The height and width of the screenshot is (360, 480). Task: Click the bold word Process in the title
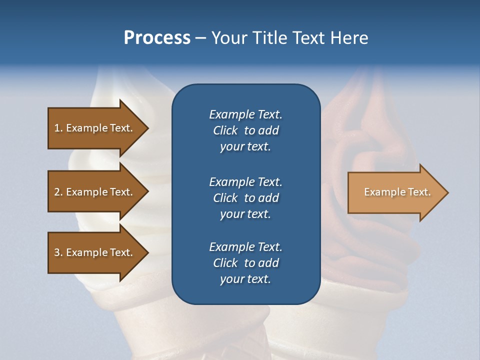tap(157, 38)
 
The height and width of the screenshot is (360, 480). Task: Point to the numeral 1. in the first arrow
tap(58, 128)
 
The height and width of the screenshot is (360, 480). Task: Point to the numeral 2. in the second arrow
tap(58, 192)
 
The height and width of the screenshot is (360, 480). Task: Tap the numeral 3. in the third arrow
tap(58, 252)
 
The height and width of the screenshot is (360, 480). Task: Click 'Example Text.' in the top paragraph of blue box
tap(245, 114)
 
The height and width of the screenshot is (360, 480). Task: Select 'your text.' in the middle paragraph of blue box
tap(245, 214)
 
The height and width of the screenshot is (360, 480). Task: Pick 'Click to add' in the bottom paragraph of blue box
tap(245, 263)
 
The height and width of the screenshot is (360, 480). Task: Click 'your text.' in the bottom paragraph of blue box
tap(245, 279)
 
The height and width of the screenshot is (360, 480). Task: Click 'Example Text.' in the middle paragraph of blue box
tap(245, 182)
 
